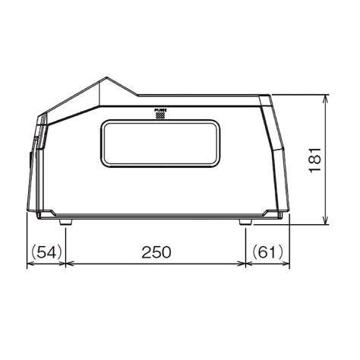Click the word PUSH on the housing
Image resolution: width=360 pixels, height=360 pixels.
tap(159, 110)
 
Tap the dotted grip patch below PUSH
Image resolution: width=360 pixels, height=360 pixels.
tap(159, 116)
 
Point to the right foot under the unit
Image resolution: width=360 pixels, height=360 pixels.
tap(246, 223)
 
